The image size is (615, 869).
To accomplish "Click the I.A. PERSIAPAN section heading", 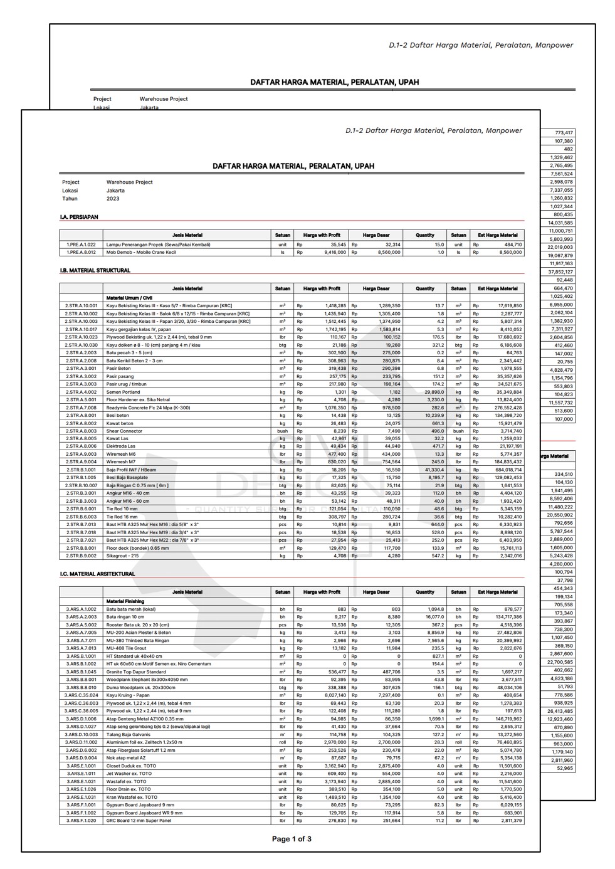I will coord(79,217).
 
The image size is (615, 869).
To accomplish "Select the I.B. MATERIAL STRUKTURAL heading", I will coord(95,271).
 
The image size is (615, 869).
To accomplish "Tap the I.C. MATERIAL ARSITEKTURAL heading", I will coord(97,574).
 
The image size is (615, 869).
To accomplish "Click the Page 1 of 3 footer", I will coord(292,839).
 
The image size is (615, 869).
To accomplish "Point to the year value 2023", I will coord(113,199).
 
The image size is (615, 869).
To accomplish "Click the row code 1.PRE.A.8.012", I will coord(81,253).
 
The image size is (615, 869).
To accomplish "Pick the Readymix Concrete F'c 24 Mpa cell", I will coord(148,408).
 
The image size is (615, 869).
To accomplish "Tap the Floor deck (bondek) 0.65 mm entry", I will coord(137,548).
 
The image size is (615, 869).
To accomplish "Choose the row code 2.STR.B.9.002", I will coord(81,556).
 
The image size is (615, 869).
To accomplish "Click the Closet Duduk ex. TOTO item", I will coord(132,766).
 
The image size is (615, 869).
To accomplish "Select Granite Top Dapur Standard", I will coord(136,671).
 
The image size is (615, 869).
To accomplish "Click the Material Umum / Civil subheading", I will coord(129,298).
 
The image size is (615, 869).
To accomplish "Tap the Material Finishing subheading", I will coord(125,601).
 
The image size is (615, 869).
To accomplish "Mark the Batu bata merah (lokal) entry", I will coord(131,609).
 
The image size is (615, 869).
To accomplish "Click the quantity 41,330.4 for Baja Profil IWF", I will coord(431,470).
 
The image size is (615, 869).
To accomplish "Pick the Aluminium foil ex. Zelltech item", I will coord(144,742).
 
